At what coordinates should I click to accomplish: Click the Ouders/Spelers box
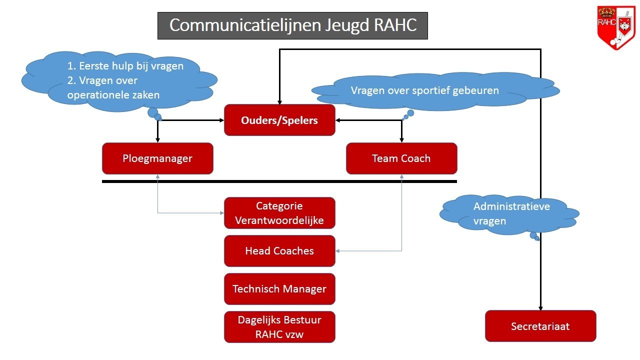pos(279,120)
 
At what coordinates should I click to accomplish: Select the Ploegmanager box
pos(157,158)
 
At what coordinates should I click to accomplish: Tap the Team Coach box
pos(401,158)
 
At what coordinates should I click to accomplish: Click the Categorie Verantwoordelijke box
pos(279,213)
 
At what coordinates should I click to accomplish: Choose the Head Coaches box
pos(279,251)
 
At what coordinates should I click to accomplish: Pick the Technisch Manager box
pos(279,289)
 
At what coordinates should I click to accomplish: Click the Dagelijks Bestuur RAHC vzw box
pos(279,327)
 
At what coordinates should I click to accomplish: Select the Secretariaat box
pos(540,326)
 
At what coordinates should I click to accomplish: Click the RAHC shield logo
pos(616,27)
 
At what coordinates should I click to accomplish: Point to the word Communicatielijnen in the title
pos(245,25)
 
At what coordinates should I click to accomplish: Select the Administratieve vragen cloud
pos(509,215)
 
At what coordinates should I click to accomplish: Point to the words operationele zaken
pos(113,95)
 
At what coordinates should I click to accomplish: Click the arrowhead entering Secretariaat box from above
pos(540,308)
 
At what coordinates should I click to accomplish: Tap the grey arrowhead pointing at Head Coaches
pos(337,251)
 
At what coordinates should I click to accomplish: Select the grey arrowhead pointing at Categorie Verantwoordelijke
pos(221,213)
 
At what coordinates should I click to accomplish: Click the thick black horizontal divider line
pos(279,181)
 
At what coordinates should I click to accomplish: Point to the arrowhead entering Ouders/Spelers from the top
pos(279,102)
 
